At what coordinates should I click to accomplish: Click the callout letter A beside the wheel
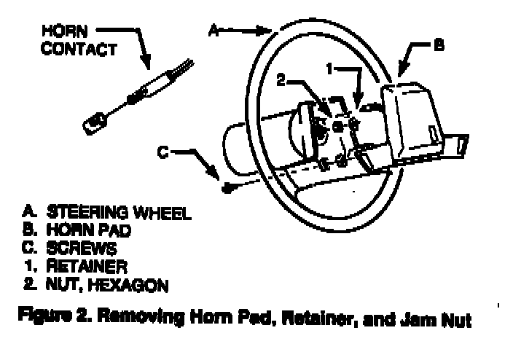(x=214, y=30)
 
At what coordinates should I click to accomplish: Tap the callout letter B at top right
(x=438, y=45)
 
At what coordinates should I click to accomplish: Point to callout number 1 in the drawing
(x=329, y=69)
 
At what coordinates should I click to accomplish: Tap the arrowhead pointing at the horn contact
(x=145, y=66)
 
